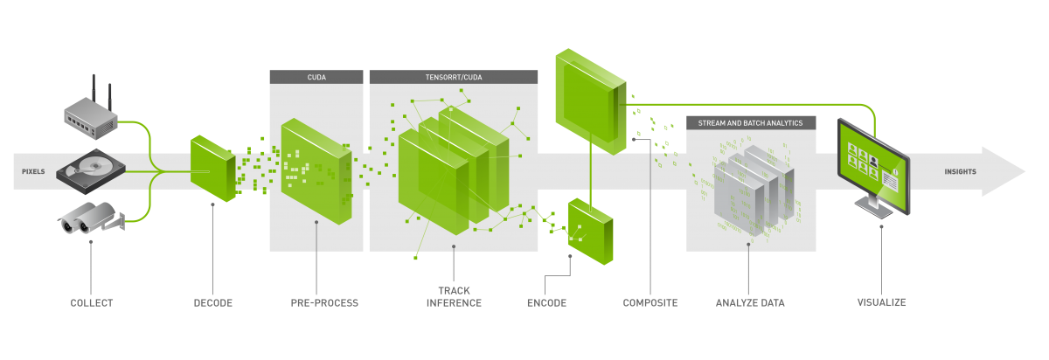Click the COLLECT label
click(91, 303)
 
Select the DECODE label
click(213, 303)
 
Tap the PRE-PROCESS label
click(324, 303)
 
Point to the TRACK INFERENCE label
click(454, 297)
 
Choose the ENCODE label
click(546, 303)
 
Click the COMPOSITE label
click(650, 303)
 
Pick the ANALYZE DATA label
click(750, 303)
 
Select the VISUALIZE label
click(881, 302)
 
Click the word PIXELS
click(33, 172)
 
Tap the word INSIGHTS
click(960, 172)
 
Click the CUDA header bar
click(316, 77)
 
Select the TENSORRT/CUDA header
click(454, 77)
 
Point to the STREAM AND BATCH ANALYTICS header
click(751, 122)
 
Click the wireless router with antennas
click(90, 113)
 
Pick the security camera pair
click(91, 218)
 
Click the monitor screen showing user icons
click(873, 166)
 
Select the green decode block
click(213, 169)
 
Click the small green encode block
click(591, 232)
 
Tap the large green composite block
click(591, 101)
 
